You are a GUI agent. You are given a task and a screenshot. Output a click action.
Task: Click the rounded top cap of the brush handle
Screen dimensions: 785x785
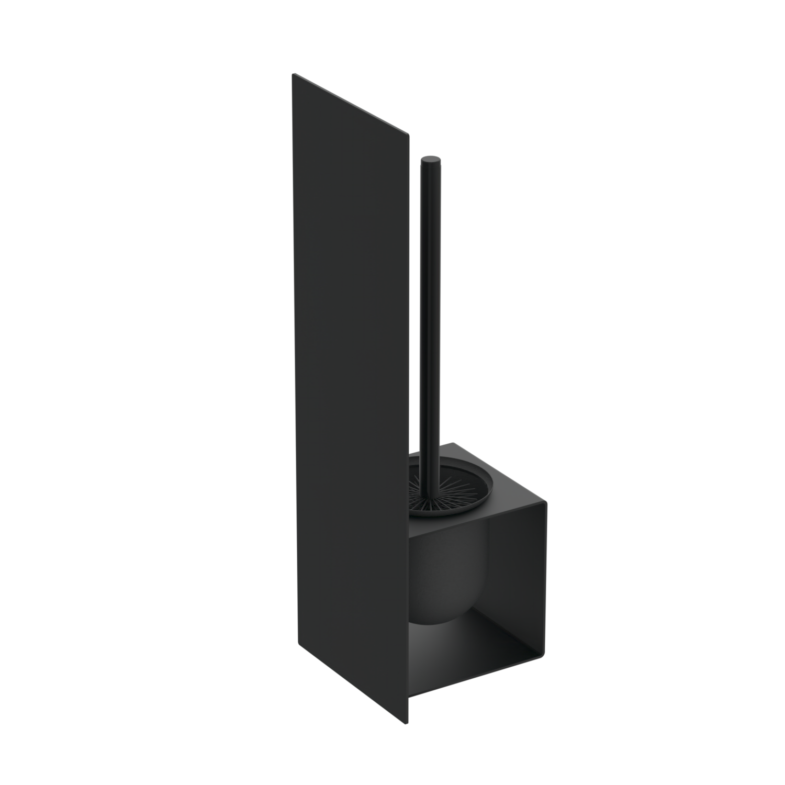[x=431, y=159]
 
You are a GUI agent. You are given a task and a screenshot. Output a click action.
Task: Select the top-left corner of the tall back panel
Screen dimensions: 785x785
[x=293, y=74]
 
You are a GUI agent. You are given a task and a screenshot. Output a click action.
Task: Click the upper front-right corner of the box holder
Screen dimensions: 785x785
[x=545, y=504]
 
